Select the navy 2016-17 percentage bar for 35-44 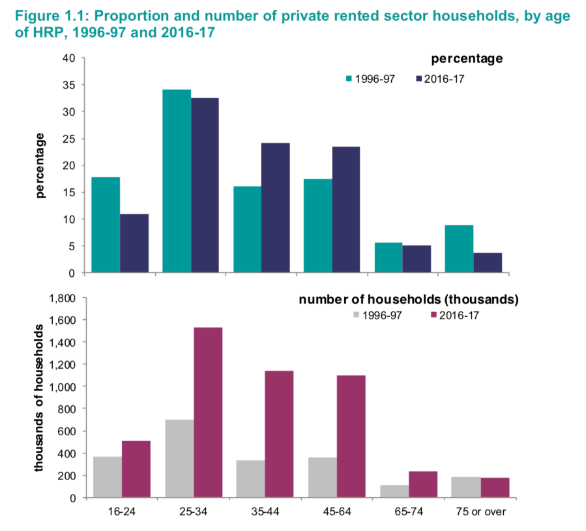click(276, 208)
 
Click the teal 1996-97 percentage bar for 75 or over click(459, 249)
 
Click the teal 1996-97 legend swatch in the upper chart click(349, 79)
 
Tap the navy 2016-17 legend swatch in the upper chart click(419, 79)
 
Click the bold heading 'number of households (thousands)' click(409, 300)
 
